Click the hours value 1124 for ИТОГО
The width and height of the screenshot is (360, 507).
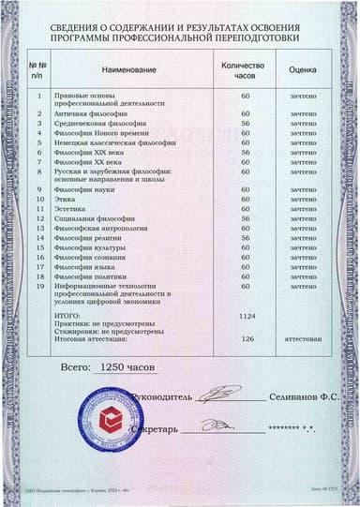[x=247, y=316]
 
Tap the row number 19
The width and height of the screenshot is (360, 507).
[x=39, y=287]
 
